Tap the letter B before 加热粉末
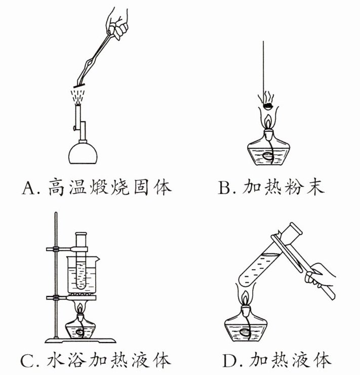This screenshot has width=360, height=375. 223,189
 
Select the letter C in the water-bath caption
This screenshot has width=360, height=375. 27,361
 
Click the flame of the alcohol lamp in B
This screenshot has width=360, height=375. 269,122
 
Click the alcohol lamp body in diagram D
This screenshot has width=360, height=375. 247,328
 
